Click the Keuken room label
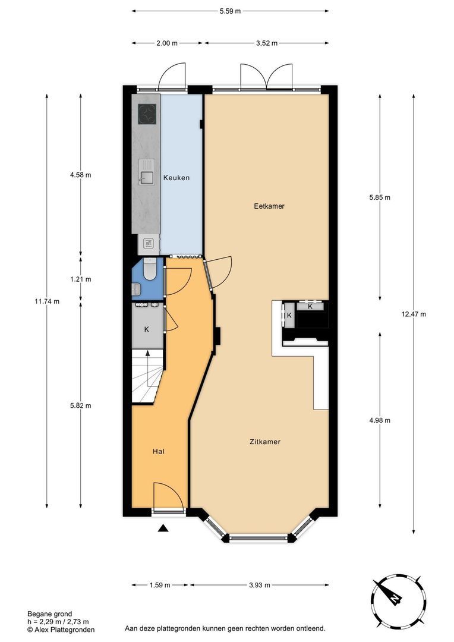[x=176, y=177]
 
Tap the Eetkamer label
[x=269, y=206]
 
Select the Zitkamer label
[x=264, y=442]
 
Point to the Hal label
[x=158, y=451]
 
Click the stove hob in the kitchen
[x=147, y=114]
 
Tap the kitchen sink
[x=147, y=173]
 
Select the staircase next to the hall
[x=146, y=376]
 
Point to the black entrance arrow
[x=164, y=528]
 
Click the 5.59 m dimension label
[x=230, y=11]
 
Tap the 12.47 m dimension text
[x=414, y=314]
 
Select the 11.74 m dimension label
[x=47, y=301]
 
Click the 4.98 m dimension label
[x=379, y=420]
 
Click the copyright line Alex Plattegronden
[x=61, y=629]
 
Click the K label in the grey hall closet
[x=146, y=329]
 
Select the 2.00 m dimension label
[x=166, y=43]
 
